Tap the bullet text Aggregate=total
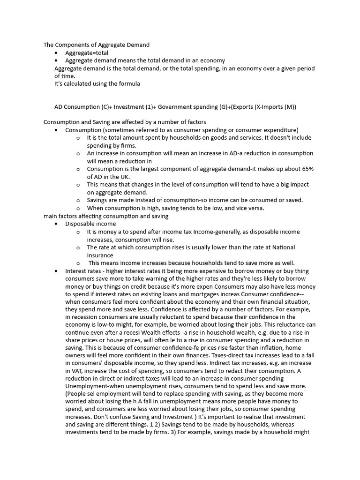click(x=87, y=53)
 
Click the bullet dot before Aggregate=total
click(x=56, y=53)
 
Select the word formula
click(x=128, y=84)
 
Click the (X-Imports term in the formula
click(x=269, y=107)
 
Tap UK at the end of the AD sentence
click(x=124, y=177)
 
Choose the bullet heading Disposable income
click(x=90, y=224)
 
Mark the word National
click(x=283, y=247)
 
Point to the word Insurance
click(x=100, y=255)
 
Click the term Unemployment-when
click(x=91, y=386)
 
